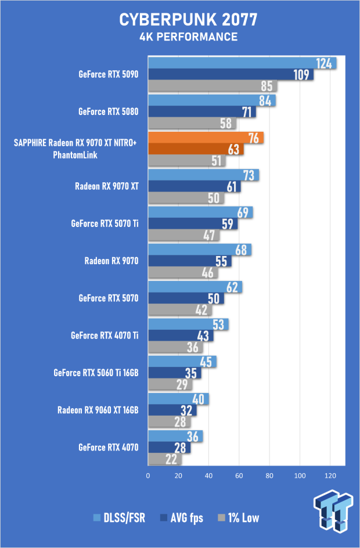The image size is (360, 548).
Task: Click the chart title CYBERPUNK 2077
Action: click(x=188, y=20)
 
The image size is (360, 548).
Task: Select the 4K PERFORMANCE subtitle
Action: click(x=188, y=37)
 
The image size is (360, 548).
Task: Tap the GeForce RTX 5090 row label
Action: click(x=109, y=74)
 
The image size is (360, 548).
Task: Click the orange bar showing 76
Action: click(x=206, y=138)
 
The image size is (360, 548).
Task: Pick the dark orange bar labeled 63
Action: click(x=196, y=149)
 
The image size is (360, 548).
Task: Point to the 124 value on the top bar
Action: click(x=323, y=64)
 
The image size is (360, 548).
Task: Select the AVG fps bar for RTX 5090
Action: click(x=231, y=74)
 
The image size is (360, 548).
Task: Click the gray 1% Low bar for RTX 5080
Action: click(x=192, y=124)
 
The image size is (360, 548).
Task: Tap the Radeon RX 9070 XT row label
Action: click(x=107, y=186)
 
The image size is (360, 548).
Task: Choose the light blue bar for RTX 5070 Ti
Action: click(x=200, y=212)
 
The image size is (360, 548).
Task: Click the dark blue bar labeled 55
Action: click(x=190, y=261)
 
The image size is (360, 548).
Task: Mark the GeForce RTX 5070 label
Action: click(x=109, y=298)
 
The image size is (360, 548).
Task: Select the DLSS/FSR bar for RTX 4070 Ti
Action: click(x=188, y=325)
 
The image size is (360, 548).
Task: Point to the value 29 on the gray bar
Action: click(x=182, y=384)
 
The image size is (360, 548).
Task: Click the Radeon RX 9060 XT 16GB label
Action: click(x=98, y=410)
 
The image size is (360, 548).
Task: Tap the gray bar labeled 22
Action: click(x=165, y=459)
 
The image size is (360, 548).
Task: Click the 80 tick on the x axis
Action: click(x=269, y=475)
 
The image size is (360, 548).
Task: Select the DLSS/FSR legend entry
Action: click(x=119, y=518)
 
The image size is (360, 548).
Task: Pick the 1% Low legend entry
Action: click(x=239, y=518)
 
